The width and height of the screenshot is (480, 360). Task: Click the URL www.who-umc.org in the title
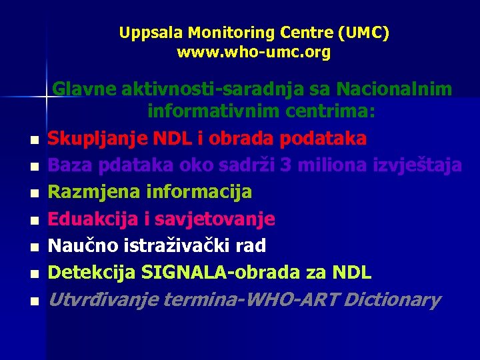253,52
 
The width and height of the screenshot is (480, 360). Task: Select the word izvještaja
416,165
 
